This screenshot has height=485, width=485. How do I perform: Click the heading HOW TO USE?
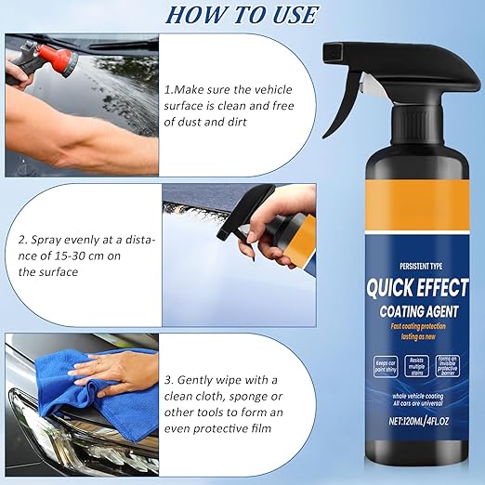(242, 15)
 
